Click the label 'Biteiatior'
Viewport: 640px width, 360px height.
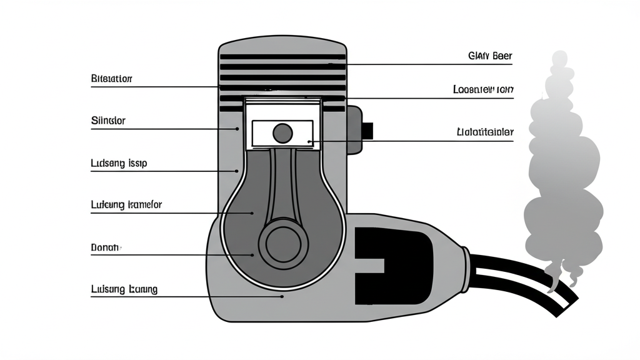(112, 79)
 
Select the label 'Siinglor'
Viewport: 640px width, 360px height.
(108, 121)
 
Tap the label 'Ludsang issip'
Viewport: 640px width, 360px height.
(119, 163)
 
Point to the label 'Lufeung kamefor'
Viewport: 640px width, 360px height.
(127, 204)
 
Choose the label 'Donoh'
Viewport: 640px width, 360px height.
(105, 247)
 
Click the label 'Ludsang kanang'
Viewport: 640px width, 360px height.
(124, 289)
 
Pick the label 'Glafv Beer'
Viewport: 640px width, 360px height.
(489, 56)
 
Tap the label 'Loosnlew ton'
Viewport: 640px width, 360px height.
(482, 89)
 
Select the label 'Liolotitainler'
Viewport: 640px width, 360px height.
(485, 132)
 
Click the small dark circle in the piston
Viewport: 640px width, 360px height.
(282, 132)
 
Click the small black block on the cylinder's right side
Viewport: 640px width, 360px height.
(367, 131)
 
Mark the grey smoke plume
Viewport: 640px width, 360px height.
(562, 169)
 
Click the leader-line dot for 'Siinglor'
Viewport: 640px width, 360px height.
(237, 129)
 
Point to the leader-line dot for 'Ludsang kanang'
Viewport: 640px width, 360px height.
(283, 296)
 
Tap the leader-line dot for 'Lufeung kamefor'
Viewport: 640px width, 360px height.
(252, 212)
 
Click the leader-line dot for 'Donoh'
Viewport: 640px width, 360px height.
(252, 254)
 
